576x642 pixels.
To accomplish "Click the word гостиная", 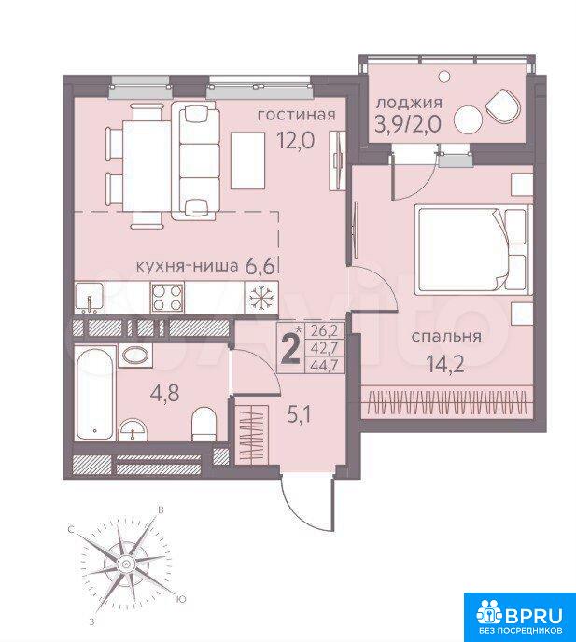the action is [x=296, y=115].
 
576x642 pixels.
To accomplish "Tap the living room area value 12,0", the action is [x=296, y=141].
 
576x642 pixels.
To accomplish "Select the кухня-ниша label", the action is [x=187, y=267].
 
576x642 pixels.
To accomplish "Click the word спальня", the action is [x=446, y=337].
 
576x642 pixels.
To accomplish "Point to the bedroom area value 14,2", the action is [x=445, y=364].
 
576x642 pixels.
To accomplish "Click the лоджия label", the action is [x=409, y=103].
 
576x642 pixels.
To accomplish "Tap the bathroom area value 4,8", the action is [x=164, y=394].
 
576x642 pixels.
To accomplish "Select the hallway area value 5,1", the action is [x=300, y=416].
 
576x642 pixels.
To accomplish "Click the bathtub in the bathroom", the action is [x=95, y=393].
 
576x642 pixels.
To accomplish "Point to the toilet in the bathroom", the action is [x=204, y=425].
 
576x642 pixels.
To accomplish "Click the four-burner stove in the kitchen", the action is [x=167, y=298].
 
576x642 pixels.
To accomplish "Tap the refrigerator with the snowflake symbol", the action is [x=261, y=298].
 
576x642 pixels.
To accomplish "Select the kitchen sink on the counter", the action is [x=90, y=298].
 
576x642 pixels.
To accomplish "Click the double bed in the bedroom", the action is [x=474, y=250].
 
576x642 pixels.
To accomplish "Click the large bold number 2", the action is [x=291, y=350].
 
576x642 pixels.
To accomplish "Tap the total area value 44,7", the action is [x=324, y=365].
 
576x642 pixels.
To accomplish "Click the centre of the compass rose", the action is [x=125, y=564].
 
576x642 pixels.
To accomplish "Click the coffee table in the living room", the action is [x=247, y=160].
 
